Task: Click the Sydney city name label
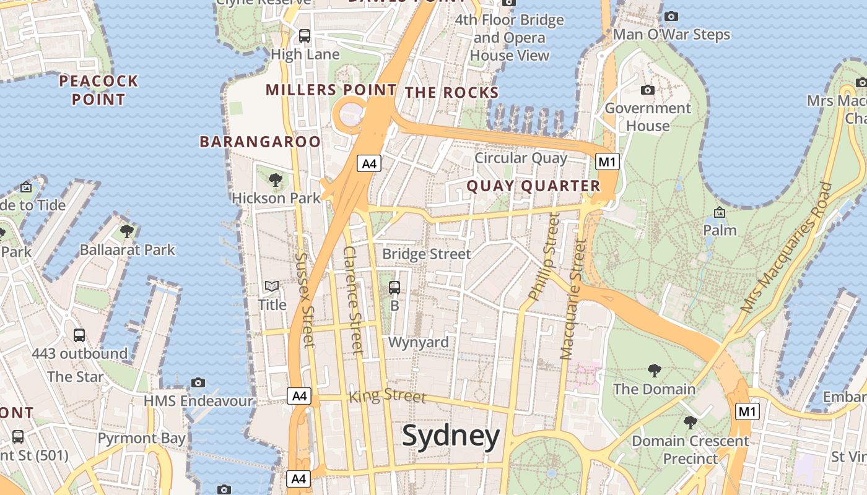pyautogui.click(x=450, y=436)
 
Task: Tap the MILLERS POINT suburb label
pyautogui.click(x=331, y=90)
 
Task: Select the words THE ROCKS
pyautogui.click(x=451, y=93)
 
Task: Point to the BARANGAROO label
pyautogui.click(x=260, y=142)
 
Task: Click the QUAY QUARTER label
pyautogui.click(x=533, y=186)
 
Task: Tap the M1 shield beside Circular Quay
pyautogui.click(x=607, y=162)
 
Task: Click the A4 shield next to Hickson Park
pyautogui.click(x=368, y=164)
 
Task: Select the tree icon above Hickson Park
pyautogui.click(x=276, y=180)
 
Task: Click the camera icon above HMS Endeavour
pyautogui.click(x=198, y=382)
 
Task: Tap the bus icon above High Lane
pyautogui.click(x=305, y=36)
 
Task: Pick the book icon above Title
pyautogui.click(x=272, y=286)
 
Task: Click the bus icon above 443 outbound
pyautogui.click(x=79, y=335)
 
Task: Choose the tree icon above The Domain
pyautogui.click(x=654, y=371)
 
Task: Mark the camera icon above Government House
pyautogui.click(x=648, y=90)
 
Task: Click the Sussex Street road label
pyautogui.click(x=306, y=299)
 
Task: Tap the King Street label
pyautogui.click(x=388, y=395)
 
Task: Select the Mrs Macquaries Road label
pyautogui.click(x=786, y=247)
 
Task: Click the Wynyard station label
pyautogui.click(x=418, y=342)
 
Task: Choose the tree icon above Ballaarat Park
pyautogui.click(x=127, y=231)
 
